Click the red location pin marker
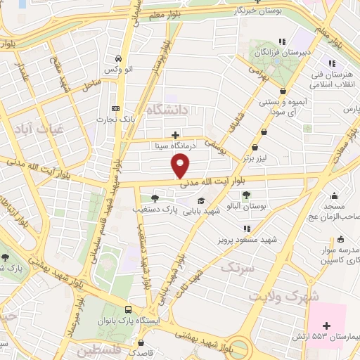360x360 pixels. tap(181, 167)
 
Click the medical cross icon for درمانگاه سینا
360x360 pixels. tap(175, 134)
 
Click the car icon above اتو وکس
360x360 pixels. tap(117, 58)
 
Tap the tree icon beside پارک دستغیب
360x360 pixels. tap(154, 198)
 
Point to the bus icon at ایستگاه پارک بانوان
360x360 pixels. tap(128, 309)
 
